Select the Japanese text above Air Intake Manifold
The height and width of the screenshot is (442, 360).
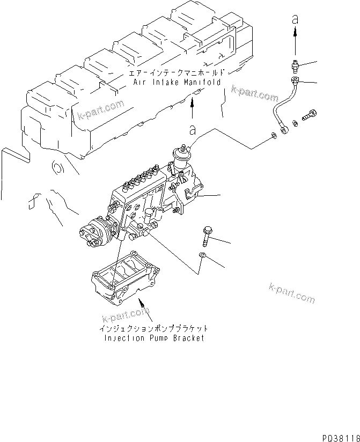tap(177, 72)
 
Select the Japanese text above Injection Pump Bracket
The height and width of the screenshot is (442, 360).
tap(153, 328)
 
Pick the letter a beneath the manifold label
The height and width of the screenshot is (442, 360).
tap(192, 130)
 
